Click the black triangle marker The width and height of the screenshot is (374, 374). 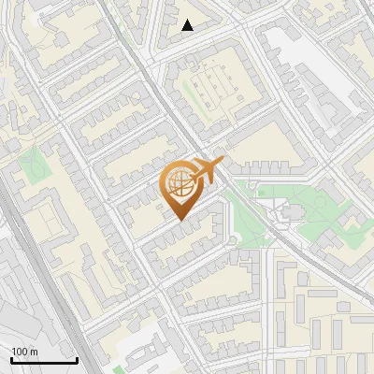[x=188, y=26]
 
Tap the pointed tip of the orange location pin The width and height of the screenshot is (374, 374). [x=180, y=220]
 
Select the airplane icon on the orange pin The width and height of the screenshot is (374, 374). [x=204, y=171]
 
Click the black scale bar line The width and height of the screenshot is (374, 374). [x=44, y=361]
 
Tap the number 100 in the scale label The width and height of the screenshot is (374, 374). [x=19, y=352]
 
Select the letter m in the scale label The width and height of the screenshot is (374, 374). [x=34, y=352]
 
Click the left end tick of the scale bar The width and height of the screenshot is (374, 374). [x=11, y=359]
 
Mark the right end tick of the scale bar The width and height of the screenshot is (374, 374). [x=77, y=359]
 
